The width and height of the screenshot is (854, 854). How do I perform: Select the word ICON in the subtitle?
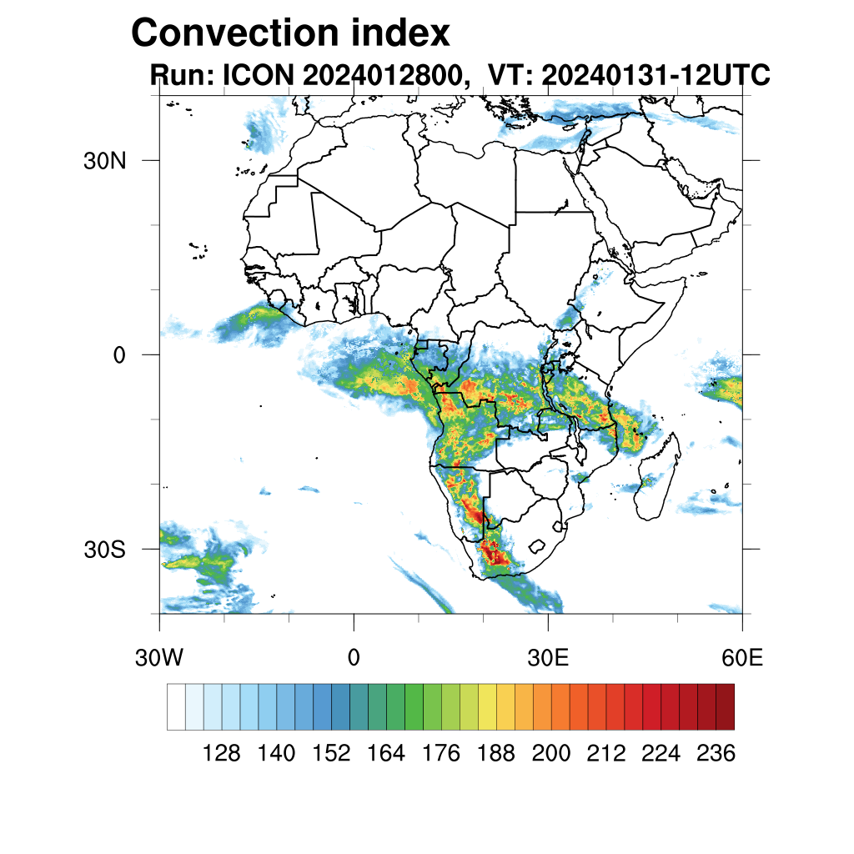258,75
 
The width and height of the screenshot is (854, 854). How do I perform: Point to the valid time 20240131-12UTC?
655,75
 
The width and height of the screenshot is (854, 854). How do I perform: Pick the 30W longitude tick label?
158,658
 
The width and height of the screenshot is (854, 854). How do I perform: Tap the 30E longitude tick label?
548,658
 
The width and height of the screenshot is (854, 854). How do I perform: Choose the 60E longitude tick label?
742,658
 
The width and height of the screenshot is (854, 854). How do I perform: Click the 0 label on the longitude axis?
354,658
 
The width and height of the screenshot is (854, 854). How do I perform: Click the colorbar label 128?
222,754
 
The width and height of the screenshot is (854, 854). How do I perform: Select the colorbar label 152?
331,754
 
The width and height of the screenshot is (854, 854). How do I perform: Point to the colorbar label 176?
441,754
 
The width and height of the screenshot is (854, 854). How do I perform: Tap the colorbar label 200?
551,754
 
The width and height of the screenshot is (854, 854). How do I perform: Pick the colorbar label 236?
716,754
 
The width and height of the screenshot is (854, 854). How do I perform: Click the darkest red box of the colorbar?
725,706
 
